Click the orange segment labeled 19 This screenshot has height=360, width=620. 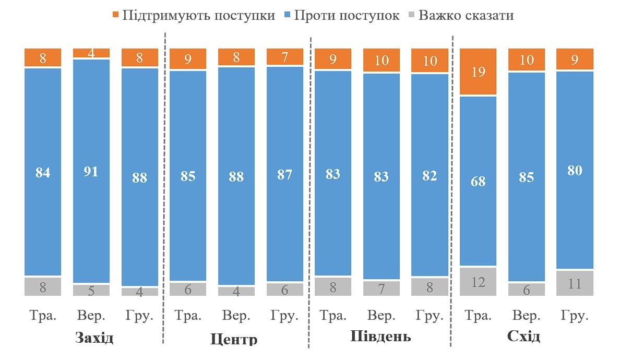(478, 71)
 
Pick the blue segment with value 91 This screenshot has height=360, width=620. (91, 171)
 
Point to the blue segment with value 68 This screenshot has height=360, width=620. (478, 181)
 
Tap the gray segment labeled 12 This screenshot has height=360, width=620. (478, 282)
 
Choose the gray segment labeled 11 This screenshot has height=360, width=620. (575, 283)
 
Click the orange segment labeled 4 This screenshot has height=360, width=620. (91, 53)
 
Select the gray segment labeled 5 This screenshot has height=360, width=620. (91, 290)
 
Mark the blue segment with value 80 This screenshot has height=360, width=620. (575, 170)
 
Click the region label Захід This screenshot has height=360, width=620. (94, 338)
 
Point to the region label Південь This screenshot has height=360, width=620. (380, 337)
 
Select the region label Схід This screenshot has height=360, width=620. (523, 337)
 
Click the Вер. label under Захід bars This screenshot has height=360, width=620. (91, 316)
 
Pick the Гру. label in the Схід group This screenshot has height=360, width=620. (575, 316)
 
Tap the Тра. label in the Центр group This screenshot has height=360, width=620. (188, 316)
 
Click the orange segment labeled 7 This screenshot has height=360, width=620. (285, 56)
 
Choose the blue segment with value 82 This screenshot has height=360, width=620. (430, 175)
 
